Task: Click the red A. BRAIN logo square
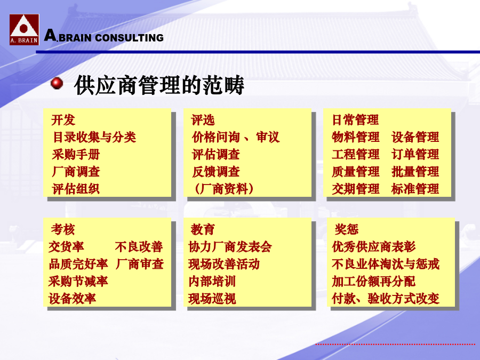tap(24, 30)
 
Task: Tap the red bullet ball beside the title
tap(57, 83)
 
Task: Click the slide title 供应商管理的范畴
tap(159, 85)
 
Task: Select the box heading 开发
tap(63, 120)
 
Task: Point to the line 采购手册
tap(76, 155)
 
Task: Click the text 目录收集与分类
tap(94, 137)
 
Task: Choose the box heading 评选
tap(203, 120)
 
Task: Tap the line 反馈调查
tap(216, 172)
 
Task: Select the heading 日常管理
tap(355, 120)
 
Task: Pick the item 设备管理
tap(415, 137)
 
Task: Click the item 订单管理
tap(415, 155)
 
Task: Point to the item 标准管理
tap(415, 189)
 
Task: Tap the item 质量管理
tap(355, 172)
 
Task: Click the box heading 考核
tap(63, 229)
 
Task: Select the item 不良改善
tap(139, 247)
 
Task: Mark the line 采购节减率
tap(78, 281)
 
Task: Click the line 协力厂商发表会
tap(230, 247)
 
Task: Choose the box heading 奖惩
tap(346, 229)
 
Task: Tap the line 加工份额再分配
tap(373, 281)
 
